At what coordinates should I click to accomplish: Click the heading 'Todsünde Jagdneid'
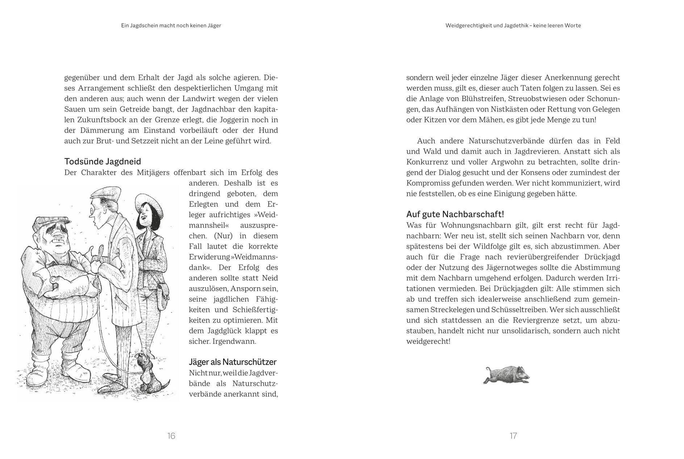tap(103, 161)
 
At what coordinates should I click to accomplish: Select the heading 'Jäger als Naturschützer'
tap(233, 362)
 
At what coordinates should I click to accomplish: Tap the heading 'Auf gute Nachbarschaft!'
tap(455, 214)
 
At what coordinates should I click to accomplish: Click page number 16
tap(171, 436)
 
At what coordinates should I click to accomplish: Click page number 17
tap(513, 436)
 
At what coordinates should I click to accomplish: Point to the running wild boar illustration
tap(506, 375)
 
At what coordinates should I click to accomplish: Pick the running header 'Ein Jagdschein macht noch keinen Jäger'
tap(171, 25)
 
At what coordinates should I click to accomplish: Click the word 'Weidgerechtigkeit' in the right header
tap(469, 25)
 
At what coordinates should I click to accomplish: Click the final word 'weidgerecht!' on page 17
tap(428, 341)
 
